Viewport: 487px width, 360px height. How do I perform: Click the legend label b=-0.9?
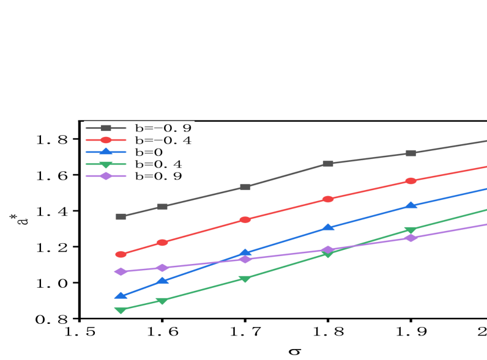(163, 128)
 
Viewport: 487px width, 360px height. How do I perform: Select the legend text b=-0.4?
(163, 141)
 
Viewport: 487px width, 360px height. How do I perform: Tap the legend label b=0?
(149, 152)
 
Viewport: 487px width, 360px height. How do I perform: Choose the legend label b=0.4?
(158, 164)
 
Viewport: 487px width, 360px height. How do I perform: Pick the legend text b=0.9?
(158, 176)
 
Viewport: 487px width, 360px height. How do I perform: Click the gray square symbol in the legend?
(106, 128)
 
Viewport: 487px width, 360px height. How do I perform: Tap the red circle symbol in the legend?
(106, 141)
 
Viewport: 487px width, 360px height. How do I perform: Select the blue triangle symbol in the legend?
(106, 152)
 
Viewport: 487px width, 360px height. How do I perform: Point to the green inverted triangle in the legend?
(106, 164)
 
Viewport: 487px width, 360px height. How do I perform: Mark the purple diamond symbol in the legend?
(106, 176)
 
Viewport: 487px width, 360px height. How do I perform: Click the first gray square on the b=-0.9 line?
(121, 216)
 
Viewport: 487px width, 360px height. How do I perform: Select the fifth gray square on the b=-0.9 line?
(411, 153)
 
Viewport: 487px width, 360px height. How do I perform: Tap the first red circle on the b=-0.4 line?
(121, 254)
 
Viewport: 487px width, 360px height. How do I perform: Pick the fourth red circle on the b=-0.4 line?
(328, 199)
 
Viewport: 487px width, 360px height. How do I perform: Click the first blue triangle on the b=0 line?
(121, 296)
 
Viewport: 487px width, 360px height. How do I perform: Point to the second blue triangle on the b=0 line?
(162, 281)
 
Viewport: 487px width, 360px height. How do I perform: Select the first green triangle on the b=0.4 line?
(121, 310)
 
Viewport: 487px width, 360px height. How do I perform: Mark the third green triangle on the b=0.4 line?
(245, 279)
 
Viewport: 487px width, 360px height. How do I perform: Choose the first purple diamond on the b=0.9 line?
(121, 271)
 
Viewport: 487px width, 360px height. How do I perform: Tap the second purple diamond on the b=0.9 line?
(162, 268)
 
